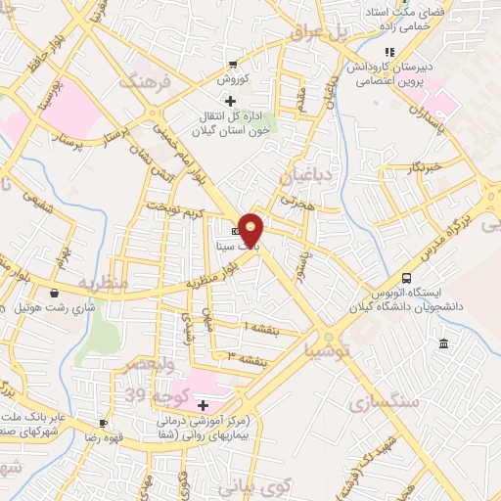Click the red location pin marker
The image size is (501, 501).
point(250,231)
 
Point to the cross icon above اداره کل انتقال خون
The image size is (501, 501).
point(231,100)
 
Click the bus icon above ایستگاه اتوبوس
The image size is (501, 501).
point(407,278)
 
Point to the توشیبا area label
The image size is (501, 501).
point(322,349)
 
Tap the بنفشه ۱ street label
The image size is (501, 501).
point(260,326)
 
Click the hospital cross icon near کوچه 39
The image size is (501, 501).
point(203,405)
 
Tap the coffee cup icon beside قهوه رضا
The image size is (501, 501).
point(101,424)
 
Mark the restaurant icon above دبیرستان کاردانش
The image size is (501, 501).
point(388,52)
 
